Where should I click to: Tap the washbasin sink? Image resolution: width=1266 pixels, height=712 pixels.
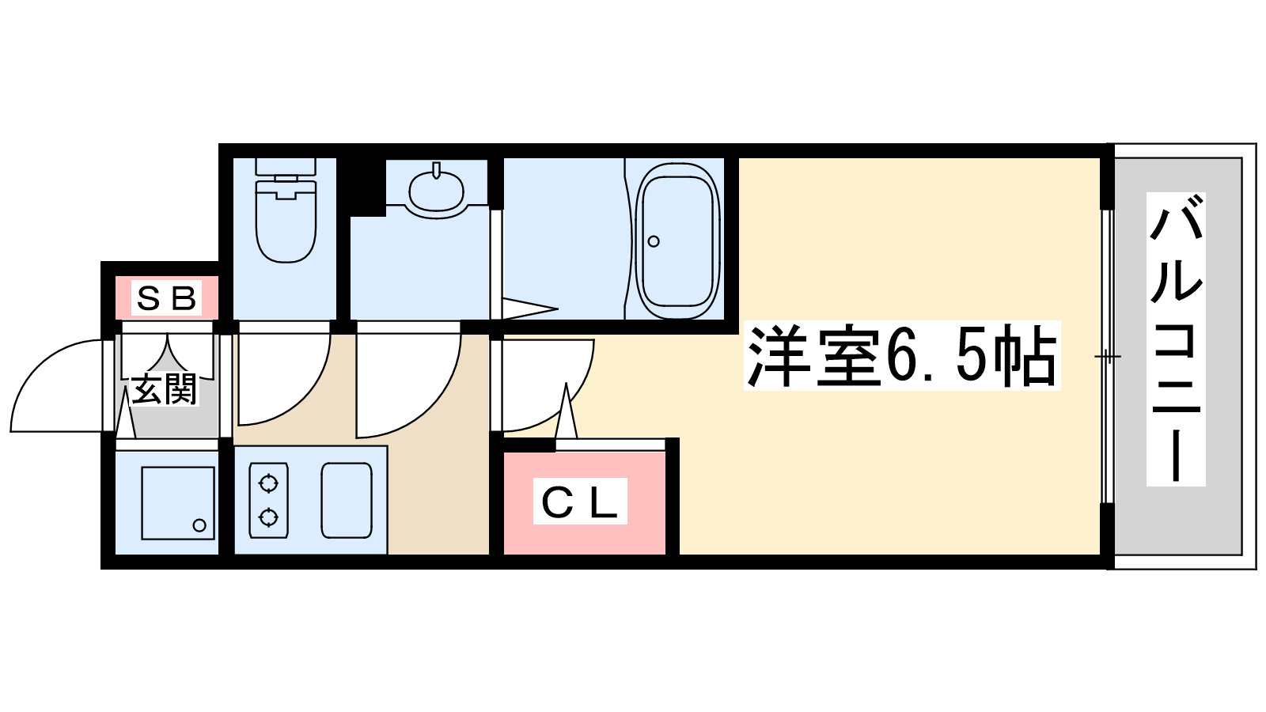click(x=436, y=191)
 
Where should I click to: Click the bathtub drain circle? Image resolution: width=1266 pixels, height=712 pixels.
click(x=654, y=241)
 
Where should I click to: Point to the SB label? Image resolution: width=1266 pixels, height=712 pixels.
click(x=166, y=298)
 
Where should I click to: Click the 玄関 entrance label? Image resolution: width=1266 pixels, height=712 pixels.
click(x=164, y=389)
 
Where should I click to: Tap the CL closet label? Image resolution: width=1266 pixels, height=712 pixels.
click(x=580, y=502)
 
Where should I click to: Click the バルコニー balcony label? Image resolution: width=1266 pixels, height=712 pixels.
click(x=1176, y=340)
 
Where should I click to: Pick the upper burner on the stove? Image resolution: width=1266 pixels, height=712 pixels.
click(x=268, y=483)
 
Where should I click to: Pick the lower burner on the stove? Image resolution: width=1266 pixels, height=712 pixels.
click(x=268, y=518)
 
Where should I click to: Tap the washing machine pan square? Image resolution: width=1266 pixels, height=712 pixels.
click(x=178, y=503)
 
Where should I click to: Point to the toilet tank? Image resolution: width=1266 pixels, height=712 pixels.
click(x=286, y=167)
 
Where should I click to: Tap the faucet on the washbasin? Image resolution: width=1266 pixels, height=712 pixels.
click(x=436, y=170)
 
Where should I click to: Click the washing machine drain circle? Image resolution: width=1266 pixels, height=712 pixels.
click(x=199, y=525)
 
